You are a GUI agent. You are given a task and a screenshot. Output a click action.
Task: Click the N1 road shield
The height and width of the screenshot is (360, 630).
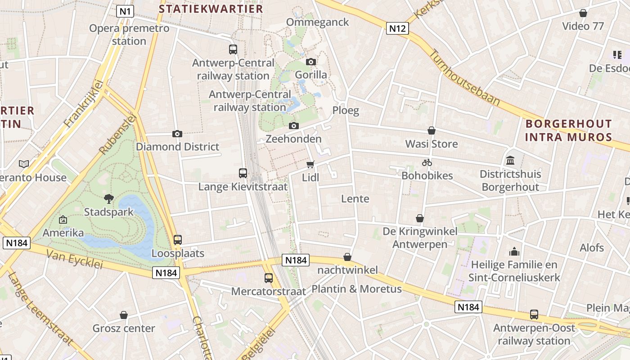point(125,11)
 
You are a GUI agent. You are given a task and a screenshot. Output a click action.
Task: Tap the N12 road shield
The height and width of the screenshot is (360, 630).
point(397,29)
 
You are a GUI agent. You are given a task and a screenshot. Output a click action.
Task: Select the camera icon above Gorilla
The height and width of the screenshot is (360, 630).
point(310,62)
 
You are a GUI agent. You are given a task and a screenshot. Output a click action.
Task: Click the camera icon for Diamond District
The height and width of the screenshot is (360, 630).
point(177,134)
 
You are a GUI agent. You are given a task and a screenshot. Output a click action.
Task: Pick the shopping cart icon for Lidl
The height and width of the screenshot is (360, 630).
point(310,164)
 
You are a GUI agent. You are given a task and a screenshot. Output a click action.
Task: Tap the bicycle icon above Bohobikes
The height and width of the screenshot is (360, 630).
point(427,162)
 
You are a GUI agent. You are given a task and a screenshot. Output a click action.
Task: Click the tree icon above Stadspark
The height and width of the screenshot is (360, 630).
point(108,198)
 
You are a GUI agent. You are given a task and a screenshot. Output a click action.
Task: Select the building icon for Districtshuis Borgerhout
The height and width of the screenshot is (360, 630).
point(510,160)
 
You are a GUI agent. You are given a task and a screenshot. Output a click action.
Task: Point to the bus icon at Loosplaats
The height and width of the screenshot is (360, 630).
point(178,240)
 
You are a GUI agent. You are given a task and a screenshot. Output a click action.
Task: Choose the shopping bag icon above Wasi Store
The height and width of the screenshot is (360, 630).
point(432,130)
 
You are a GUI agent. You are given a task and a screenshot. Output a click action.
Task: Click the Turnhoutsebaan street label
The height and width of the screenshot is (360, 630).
point(464,77)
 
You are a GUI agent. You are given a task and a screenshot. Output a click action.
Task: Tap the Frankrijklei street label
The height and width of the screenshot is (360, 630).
point(84,103)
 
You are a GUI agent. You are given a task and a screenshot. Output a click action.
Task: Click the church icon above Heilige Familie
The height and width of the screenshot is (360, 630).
point(514,252)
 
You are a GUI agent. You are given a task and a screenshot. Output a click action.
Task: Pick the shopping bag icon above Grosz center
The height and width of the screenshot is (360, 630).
point(124,315)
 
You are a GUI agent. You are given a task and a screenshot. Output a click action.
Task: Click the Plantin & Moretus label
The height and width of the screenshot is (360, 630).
point(356,289)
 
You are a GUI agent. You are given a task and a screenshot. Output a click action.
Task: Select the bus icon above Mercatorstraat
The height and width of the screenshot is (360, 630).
point(269,278)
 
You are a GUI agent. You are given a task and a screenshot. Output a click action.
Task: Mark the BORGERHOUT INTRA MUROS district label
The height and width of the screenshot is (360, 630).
point(569,130)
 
